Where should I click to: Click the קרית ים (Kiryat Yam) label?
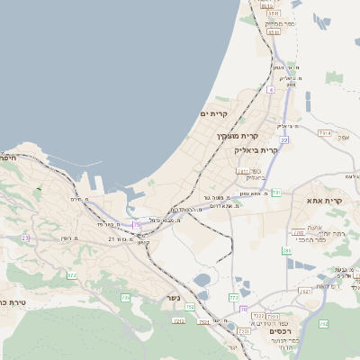click(x=217, y=114)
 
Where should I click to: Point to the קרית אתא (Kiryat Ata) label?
click(x=324, y=201)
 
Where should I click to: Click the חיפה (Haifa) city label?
click(x=8, y=157)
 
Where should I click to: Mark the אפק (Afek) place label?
click(x=341, y=137)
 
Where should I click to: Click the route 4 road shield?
click(x=270, y=90)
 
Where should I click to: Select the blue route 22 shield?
click(x=283, y=140)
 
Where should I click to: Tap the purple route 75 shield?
click(x=137, y=224)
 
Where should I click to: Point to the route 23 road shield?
click(x=25, y=238)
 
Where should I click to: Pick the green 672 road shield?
click(x=71, y=275)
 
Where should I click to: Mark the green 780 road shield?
click(x=286, y=251)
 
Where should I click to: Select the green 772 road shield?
click(x=233, y=296)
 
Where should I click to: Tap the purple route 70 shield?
click(x=243, y=310)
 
